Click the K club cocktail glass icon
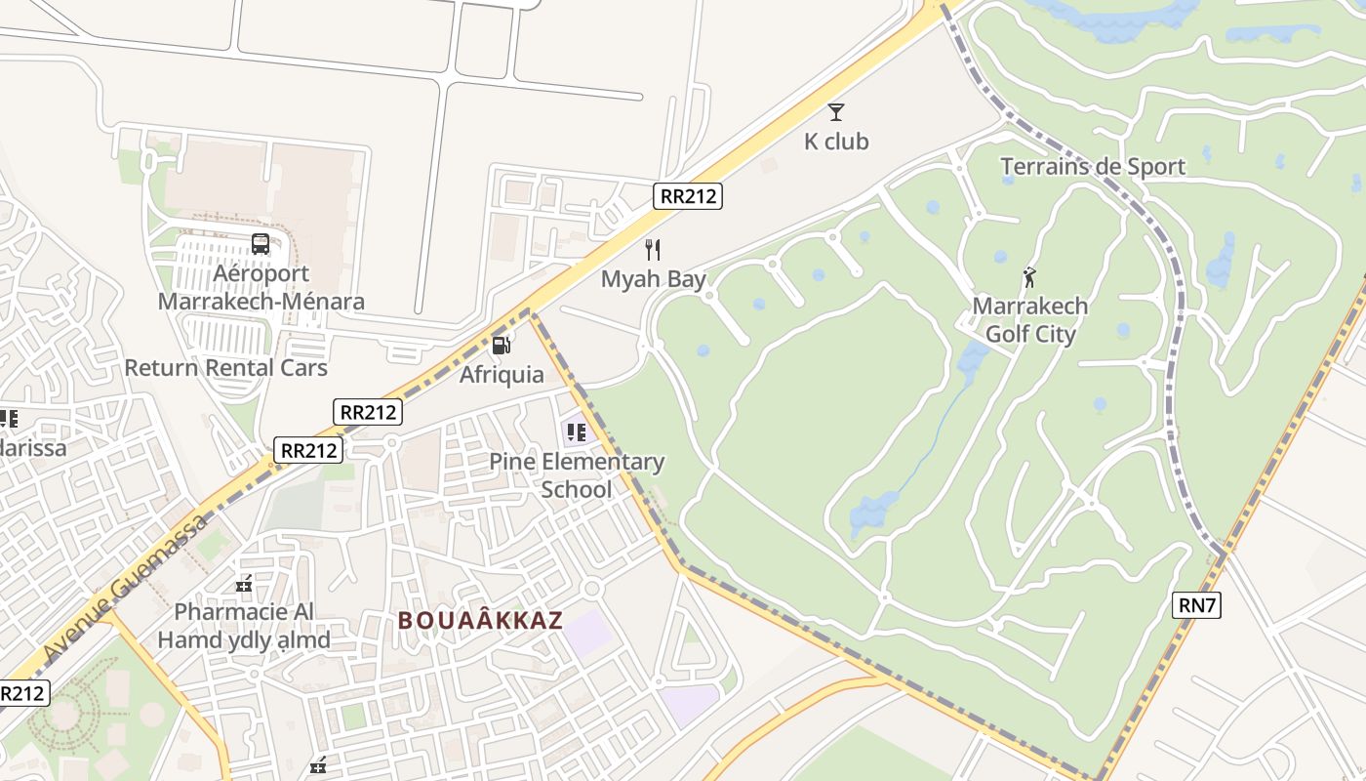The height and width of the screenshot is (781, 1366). pos(836,112)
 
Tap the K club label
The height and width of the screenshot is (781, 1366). pos(836,142)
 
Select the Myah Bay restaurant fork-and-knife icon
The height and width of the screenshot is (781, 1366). pos(653,250)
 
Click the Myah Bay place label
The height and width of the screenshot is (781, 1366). pos(653,279)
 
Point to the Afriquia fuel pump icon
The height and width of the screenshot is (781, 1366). pos(502,345)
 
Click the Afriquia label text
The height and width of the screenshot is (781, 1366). pos(502,374)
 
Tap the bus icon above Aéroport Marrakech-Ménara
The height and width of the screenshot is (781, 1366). pos(261,244)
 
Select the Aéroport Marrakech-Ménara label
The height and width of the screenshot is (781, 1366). pos(261,287)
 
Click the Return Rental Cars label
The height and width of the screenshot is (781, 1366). pos(225,368)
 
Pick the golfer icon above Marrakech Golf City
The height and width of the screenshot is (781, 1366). pos(1029,277)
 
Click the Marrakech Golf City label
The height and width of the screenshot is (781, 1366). pos(1029,320)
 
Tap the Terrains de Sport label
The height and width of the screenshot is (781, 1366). pos(1093,166)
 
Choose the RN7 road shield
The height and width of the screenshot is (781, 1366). pos(1196,605)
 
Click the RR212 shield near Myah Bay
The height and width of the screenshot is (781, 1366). pos(688,196)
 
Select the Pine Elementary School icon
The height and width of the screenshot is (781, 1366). pos(577,432)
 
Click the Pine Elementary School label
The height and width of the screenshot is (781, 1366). pos(577,475)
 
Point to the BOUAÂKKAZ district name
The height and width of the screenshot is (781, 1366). pos(480,621)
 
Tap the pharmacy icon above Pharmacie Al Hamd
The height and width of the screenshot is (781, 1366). pos(244,585)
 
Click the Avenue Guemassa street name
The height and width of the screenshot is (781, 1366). pos(127,586)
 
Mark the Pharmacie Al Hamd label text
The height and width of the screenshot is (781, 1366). pos(244,626)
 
